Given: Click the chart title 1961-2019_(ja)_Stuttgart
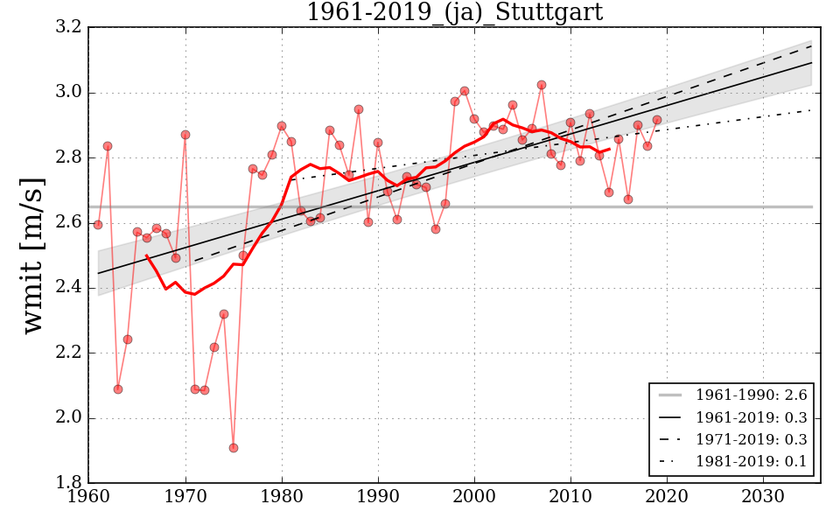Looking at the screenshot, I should point(454,12).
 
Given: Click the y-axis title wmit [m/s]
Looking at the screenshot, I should point(34,255).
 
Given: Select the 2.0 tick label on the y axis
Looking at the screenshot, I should point(71,418).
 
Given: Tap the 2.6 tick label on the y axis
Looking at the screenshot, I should point(71,223).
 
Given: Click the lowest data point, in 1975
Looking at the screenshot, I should point(234,448).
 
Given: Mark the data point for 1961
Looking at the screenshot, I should point(98,225).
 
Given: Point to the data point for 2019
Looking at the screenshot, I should point(657,120).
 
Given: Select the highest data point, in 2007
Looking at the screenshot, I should point(542,85).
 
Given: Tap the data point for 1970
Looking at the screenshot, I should point(185,135).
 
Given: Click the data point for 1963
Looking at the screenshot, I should point(118,389).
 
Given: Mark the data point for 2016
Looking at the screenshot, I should point(628,199).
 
